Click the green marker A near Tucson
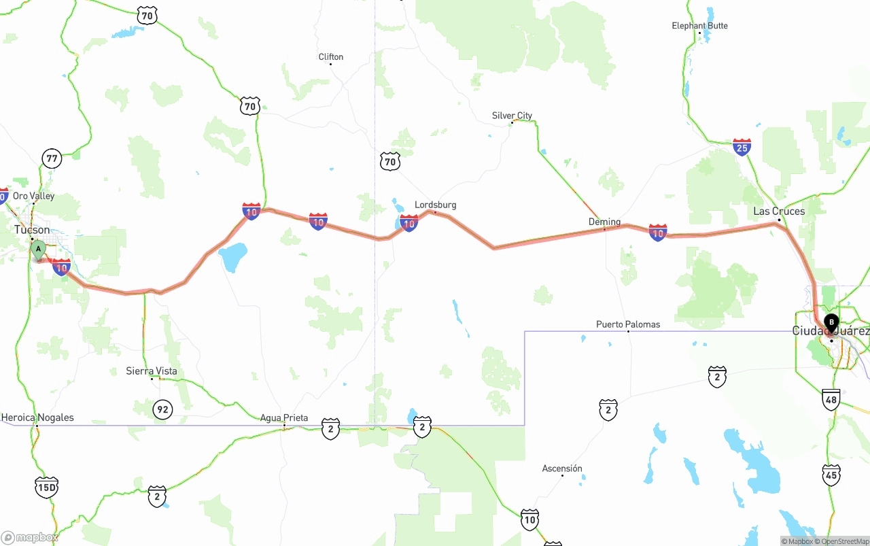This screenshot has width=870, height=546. point(39,250)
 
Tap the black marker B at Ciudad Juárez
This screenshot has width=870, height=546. point(831,322)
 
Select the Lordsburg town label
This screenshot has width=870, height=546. point(435,205)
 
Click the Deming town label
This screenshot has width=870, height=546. point(604,222)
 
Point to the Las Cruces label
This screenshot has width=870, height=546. point(779,211)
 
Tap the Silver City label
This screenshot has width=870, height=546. point(512,116)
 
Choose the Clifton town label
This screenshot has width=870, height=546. point(331,57)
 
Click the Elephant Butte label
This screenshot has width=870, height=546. point(699,26)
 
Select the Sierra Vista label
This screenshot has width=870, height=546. point(152,371)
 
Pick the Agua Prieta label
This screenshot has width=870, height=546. point(284,418)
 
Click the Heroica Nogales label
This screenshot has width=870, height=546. point(37,417)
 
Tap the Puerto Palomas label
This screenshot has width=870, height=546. point(628,324)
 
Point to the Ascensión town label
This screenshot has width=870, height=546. point(562,468)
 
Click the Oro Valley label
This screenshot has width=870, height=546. point(33,196)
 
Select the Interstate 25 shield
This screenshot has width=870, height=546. point(742,147)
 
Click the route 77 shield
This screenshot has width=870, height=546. point(52,159)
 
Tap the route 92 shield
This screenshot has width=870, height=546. point(162,409)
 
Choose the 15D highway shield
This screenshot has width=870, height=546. point(46,487)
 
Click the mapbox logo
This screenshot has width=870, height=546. point(30,537)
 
